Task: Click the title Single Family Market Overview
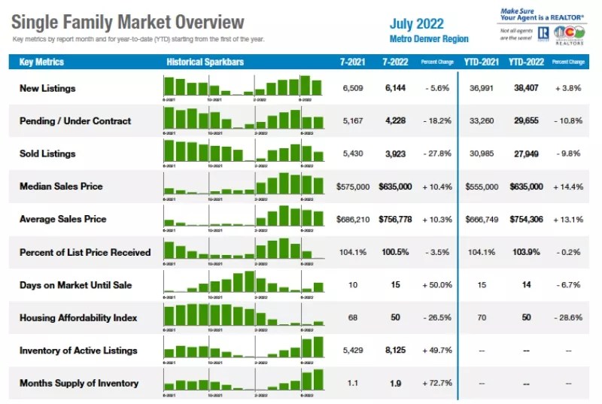(x=129, y=22)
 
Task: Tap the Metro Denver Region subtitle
(x=429, y=39)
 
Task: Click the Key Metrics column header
(x=41, y=62)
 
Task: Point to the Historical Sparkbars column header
(x=205, y=62)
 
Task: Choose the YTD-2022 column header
(x=526, y=62)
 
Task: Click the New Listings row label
(x=47, y=88)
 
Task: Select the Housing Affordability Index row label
(x=78, y=317)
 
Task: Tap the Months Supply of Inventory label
(x=79, y=383)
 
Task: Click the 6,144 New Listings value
(x=395, y=88)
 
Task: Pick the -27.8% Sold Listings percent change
(x=436, y=153)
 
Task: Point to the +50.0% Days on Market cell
(x=436, y=285)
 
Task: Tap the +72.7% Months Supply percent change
(x=436, y=383)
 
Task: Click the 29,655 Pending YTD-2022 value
(x=526, y=120)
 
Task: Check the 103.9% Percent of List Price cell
(x=526, y=252)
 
